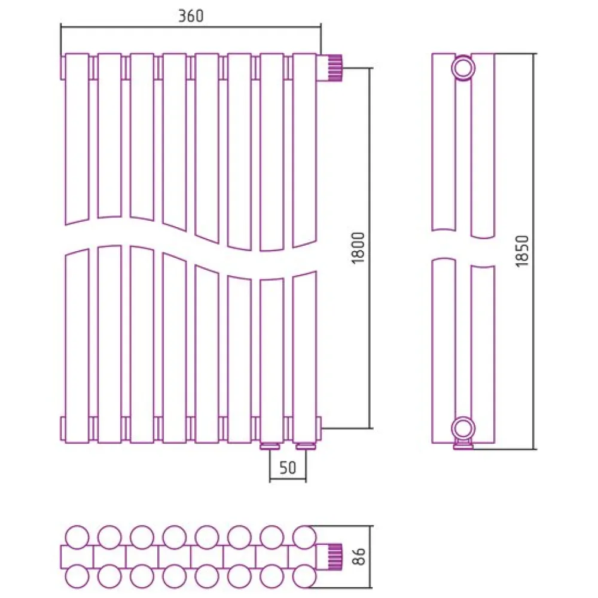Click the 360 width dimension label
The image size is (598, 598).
pyautogui.click(x=191, y=16)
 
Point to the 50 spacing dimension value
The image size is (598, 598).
pyautogui.click(x=288, y=468)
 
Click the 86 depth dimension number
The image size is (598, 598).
pyautogui.click(x=358, y=557)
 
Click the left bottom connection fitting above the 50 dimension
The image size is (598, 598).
pyautogui.click(x=270, y=446)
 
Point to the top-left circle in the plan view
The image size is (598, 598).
pyautogui.click(x=77, y=536)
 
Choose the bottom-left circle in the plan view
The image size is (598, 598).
pyautogui.click(x=77, y=577)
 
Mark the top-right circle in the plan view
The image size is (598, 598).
pyautogui.click(x=304, y=536)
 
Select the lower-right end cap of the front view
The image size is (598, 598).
pyautogui.click(x=319, y=425)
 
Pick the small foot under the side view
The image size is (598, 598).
pyautogui.click(x=464, y=444)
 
